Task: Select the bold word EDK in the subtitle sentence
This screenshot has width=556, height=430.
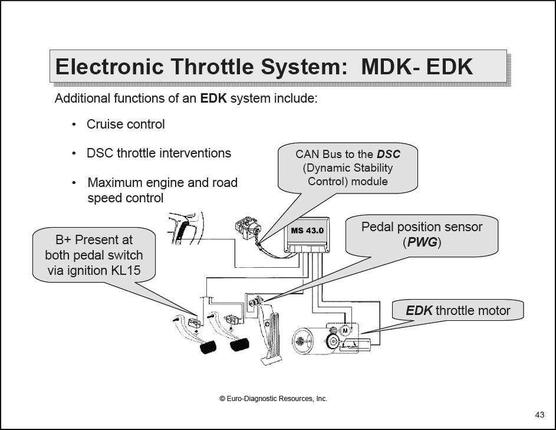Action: click(x=213, y=98)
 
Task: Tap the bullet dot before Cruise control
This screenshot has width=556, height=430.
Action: click(x=74, y=124)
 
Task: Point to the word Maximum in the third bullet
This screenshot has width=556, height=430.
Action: click(x=114, y=183)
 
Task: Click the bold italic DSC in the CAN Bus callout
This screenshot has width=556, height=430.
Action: click(x=389, y=155)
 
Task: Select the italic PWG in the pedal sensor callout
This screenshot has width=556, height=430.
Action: click(x=422, y=242)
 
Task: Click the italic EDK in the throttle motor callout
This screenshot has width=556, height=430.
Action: click(x=419, y=310)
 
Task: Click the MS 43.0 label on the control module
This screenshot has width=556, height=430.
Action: click(x=307, y=230)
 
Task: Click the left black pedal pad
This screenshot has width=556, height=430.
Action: click(x=208, y=347)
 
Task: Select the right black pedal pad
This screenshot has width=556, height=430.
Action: click(x=239, y=344)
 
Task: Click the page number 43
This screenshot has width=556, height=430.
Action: click(x=539, y=415)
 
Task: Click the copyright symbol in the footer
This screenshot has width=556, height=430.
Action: click(x=222, y=399)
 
